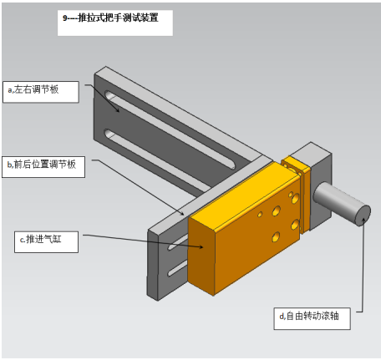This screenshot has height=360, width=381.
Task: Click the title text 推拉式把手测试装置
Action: point(118,18)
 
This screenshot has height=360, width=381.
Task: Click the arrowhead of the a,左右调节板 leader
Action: point(118,110)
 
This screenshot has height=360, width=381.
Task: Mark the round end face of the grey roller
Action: point(363,215)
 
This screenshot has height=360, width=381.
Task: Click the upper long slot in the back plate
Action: point(170,129)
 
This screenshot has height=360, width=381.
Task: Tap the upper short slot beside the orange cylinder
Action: point(178,242)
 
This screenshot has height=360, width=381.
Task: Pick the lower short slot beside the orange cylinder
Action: point(177,268)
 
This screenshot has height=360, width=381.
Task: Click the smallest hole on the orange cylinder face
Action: point(260,214)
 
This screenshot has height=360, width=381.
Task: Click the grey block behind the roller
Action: point(317,184)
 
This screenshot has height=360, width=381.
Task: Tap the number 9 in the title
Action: point(65,18)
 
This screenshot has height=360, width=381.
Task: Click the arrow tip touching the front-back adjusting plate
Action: point(183,215)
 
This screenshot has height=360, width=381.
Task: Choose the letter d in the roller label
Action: point(282,317)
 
